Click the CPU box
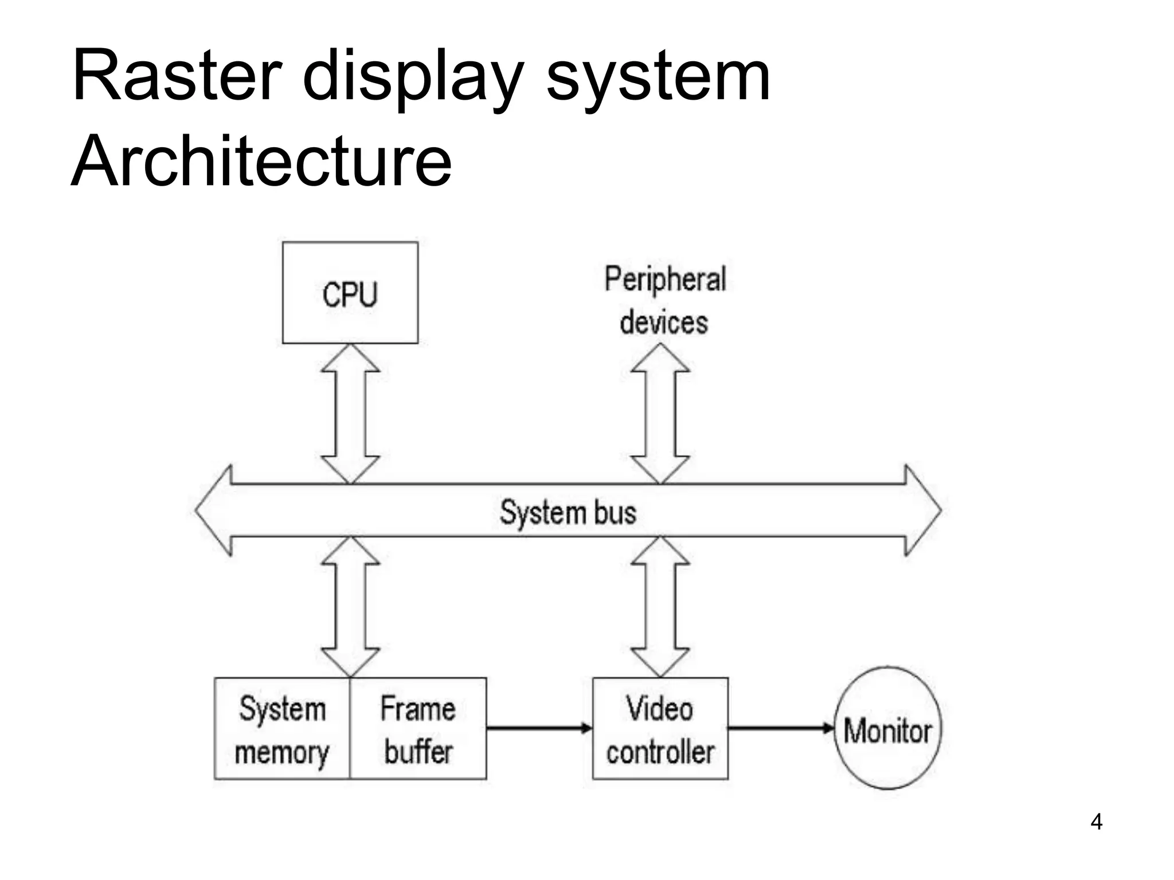pos(350,293)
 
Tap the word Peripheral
pos(665,280)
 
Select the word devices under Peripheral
pos(664,322)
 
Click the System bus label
pos(568,512)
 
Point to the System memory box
pos(281,729)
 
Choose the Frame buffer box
pos(418,729)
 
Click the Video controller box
pos(660,729)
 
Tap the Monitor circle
pos(887,729)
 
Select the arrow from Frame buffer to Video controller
pos(539,728)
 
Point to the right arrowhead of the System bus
pos(923,510)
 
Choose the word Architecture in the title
pos(261,162)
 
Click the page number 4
pos(1096,822)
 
